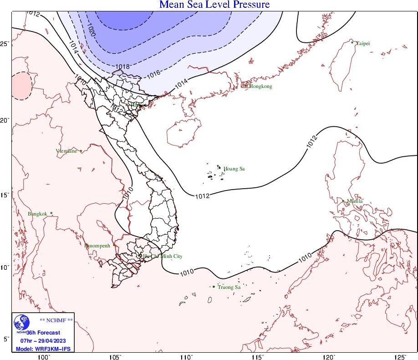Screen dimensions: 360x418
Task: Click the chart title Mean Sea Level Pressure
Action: click(x=214, y=5)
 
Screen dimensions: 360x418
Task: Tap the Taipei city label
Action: click(x=363, y=43)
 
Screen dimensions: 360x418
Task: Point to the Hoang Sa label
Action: click(x=234, y=169)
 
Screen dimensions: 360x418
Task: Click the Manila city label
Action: click(x=355, y=201)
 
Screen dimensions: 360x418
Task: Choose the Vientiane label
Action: click(x=66, y=151)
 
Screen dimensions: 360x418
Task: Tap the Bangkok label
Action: click(x=37, y=214)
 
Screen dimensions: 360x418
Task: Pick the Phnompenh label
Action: click(x=97, y=246)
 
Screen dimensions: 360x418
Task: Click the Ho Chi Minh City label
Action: click(x=163, y=257)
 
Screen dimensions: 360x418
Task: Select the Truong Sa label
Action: click(x=229, y=287)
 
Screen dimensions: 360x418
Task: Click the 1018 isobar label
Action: click(x=122, y=67)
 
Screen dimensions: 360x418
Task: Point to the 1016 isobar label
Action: click(x=154, y=73)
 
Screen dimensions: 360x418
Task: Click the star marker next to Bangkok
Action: click(x=51, y=213)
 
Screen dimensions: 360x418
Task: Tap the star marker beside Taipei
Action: click(x=352, y=42)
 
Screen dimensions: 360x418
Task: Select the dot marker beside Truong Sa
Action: click(x=214, y=287)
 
